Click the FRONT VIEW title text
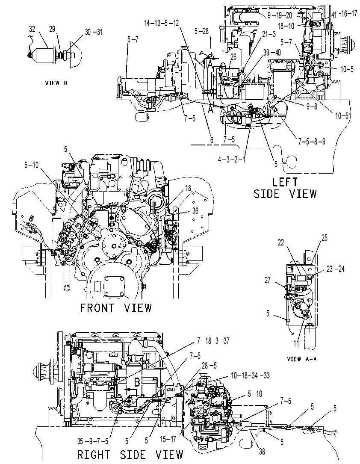click(116, 308)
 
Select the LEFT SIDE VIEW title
click(285, 188)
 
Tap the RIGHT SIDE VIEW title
click(130, 455)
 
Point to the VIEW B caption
click(56, 83)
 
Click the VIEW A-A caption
click(302, 359)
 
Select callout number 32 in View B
click(32, 29)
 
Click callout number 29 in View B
click(52, 30)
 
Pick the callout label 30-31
click(94, 32)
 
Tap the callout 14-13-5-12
click(162, 23)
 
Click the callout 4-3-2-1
click(232, 160)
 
